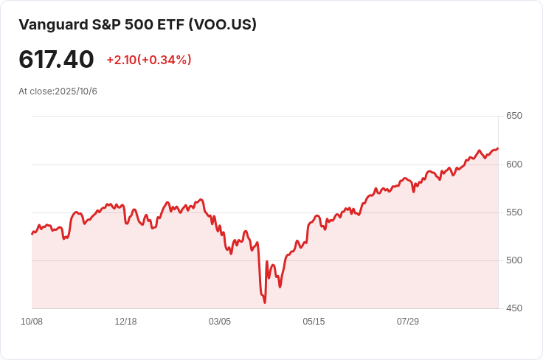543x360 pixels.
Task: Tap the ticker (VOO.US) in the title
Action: (x=223, y=24)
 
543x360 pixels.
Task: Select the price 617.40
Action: (x=56, y=59)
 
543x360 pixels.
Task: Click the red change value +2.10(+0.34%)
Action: (x=149, y=60)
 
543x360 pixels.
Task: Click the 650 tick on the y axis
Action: (x=514, y=116)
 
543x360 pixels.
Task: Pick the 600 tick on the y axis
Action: (x=514, y=164)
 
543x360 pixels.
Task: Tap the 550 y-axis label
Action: (x=514, y=212)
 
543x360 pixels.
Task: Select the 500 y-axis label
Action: (x=514, y=260)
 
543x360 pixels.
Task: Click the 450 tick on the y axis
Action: (x=514, y=308)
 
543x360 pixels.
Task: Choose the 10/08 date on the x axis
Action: (x=32, y=322)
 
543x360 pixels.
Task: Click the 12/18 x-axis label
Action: (x=125, y=322)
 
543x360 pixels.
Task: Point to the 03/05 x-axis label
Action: (x=220, y=322)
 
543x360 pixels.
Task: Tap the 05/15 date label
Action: (x=314, y=322)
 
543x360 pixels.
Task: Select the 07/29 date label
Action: (x=408, y=322)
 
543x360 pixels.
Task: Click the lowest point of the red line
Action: (x=264, y=302)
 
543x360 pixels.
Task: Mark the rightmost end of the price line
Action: (x=498, y=148)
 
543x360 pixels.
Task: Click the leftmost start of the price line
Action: (x=32, y=234)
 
